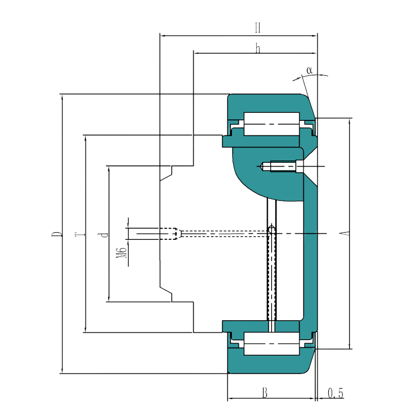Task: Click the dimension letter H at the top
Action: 257,28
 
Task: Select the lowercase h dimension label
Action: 257,48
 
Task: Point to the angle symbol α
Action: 309,70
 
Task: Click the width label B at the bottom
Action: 265,393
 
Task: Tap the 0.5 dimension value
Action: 335,394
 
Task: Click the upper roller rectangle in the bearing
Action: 271,124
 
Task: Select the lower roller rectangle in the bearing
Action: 271,344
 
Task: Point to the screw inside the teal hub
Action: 280,166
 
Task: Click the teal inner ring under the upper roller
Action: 261,141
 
